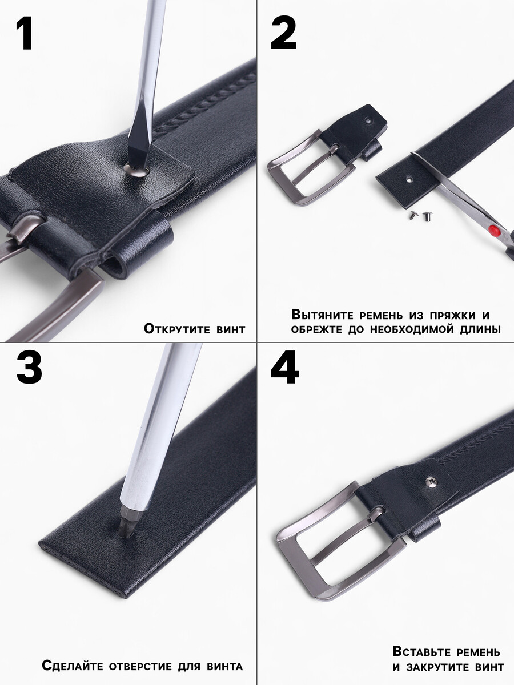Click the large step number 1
click(x=25, y=33)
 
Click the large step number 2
click(x=283, y=33)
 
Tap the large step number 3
click(x=29, y=367)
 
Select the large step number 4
click(x=284, y=367)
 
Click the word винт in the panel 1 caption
click(x=231, y=329)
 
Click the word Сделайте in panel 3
click(x=73, y=666)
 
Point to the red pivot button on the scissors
click(x=493, y=231)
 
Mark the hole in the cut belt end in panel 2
click(x=409, y=179)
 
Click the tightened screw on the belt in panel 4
click(x=432, y=482)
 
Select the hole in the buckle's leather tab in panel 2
click(x=369, y=120)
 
